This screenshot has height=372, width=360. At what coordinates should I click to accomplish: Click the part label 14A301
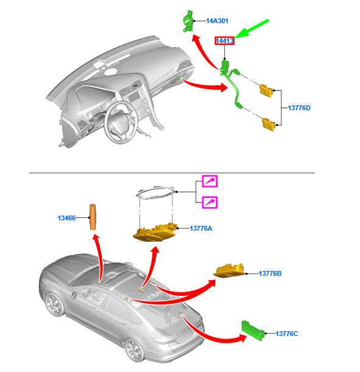click(217, 21)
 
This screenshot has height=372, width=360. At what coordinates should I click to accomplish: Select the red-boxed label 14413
click(225, 41)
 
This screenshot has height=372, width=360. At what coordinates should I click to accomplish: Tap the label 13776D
click(299, 108)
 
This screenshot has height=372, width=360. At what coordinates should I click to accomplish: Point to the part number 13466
click(66, 218)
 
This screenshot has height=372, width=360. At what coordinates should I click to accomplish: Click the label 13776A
click(201, 228)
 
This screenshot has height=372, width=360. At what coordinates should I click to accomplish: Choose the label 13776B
click(270, 273)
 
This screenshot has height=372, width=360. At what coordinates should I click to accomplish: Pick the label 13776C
click(287, 334)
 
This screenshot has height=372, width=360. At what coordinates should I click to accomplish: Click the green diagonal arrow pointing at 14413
click(252, 29)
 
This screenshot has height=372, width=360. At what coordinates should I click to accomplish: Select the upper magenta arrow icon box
click(210, 181)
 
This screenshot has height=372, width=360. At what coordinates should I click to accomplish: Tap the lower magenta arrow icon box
click(210, 202)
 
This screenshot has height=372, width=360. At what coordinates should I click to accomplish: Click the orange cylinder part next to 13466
click(93, 217)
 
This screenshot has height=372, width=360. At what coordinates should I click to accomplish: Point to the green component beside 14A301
click(188, 21)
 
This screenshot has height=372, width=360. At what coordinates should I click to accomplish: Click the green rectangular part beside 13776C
click(253, 331)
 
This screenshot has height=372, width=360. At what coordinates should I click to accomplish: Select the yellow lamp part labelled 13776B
click(229, 270)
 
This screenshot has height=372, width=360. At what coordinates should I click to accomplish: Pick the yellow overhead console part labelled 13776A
click(155, 233)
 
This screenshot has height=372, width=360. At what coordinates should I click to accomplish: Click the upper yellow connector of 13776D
click(266, 91)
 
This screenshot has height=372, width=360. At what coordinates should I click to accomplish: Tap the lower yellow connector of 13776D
click(269, 124)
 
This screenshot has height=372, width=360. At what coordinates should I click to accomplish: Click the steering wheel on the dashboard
click(121, 122)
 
